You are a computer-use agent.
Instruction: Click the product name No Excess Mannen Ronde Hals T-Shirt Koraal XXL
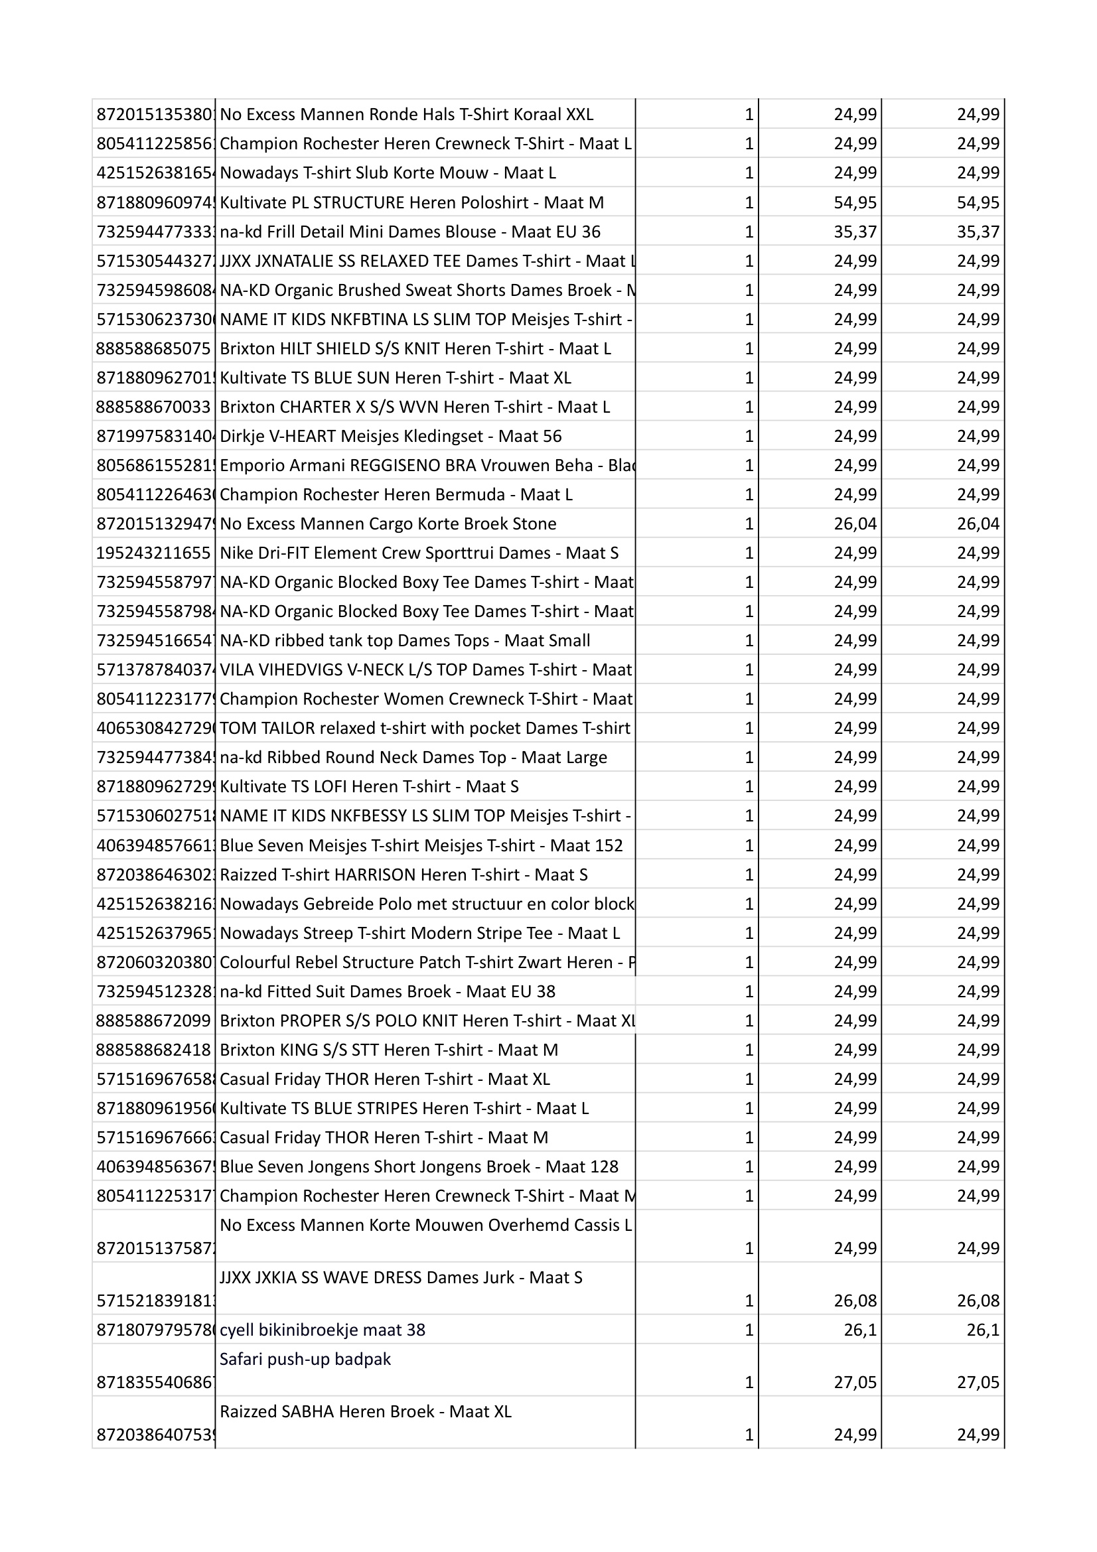pos(406,114)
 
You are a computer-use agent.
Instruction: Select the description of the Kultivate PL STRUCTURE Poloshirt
pos(411,202)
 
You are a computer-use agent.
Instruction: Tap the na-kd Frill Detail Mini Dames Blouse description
pos(409,232)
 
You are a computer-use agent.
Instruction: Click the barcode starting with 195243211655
pos(153,553)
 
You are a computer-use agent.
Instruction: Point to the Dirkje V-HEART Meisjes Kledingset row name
pos(391,436)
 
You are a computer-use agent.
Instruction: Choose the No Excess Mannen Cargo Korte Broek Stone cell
pos(388,524)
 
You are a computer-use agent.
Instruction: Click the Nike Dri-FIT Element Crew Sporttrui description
pos(419,553)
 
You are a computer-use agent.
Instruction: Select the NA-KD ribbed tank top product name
pos(405,640)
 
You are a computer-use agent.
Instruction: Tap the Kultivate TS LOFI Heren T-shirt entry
pos(369,786)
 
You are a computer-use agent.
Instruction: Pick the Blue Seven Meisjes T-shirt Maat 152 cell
pos(421,845)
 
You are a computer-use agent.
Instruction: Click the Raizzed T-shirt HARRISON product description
pos(403,875)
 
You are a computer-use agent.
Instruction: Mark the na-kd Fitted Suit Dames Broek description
pos(388,991)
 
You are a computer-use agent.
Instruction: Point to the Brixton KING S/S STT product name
pos(389,1050)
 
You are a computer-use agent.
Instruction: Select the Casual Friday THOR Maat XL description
pos(385,1079)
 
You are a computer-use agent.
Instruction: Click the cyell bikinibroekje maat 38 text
pos(323,1330)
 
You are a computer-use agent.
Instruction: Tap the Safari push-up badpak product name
pos(305,1359)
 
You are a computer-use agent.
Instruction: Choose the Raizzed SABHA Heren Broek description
pos(366,1411)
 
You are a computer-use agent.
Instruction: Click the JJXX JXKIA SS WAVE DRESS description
pos(401,1277)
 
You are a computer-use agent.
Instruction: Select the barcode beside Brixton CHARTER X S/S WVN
pos(153,407)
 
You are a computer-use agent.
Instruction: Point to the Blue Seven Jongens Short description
pos(419,1166)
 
